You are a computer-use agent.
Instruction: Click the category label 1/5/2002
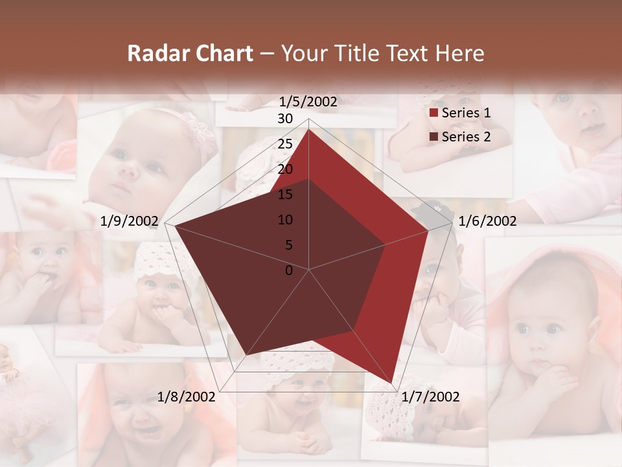(x=308, y=101)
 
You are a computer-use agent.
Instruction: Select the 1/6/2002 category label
(x=487, y=221)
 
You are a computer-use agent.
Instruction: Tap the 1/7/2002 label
(x=430, y=397)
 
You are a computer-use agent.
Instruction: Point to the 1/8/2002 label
(x=187, y=397)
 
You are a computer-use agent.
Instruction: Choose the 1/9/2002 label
(x=130, y=221)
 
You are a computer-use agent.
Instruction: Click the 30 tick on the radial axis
(x=285, y=119)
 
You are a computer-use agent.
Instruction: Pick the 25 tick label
(x=285, y=144)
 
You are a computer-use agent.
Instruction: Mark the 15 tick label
(x=285, y=195)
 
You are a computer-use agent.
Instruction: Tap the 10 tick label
(x=285, y=220)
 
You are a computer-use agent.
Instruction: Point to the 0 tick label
(x=289, y=270)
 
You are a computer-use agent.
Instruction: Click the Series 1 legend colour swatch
(x=433, y=114)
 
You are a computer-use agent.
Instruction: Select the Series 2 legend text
(x=466, y=137)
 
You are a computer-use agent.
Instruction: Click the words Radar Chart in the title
(x=190, y=53)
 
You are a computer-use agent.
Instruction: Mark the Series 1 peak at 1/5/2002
(x=308, y=129)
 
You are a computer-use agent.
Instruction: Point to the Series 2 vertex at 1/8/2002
(x=246, y=355)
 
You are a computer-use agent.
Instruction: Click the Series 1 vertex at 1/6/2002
(x=428, y=230)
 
